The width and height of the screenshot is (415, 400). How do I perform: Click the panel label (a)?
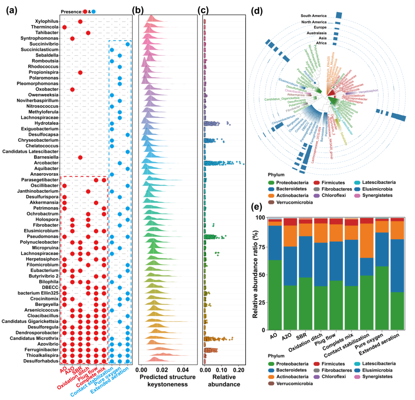click(12, 11)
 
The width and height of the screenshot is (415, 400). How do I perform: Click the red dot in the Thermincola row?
click(65, 27)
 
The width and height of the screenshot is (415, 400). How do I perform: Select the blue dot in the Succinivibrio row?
click(127, 44)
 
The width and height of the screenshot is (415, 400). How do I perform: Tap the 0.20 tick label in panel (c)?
click(239, 371)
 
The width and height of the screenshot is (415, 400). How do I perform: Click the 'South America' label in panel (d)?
click(314, 16)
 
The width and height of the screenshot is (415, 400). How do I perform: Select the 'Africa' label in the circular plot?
click(321, 43)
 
